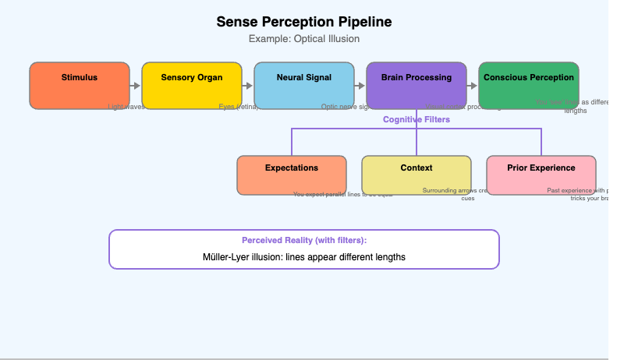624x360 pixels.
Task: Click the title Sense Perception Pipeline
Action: coord(303,22)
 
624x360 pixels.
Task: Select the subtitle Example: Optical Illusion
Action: coord(303,39)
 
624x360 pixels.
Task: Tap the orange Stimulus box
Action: coord(80,85)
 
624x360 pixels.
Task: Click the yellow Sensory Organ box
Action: coord(192,85)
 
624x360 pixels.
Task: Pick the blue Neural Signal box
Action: coord(304,85)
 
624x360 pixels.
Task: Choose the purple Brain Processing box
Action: coord(417,85)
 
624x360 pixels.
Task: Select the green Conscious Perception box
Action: coord(529,85)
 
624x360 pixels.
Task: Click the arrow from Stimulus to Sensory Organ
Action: coord(136,86)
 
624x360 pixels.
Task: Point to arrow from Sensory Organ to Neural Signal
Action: coord(248,86)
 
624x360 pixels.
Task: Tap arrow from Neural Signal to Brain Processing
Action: coord(360,86)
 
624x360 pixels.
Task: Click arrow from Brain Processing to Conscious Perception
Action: coord(473,86)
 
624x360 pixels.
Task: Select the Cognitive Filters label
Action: coord(416,120)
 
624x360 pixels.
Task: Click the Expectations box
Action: coord(292,175)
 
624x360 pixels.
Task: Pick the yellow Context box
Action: coord(417,175)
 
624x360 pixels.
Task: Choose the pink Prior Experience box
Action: coord(541,175)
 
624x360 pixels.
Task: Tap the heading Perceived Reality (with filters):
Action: coord(303,241)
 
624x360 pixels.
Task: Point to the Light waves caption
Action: coord(126,107)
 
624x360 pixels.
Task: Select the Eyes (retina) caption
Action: coord(238,107)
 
